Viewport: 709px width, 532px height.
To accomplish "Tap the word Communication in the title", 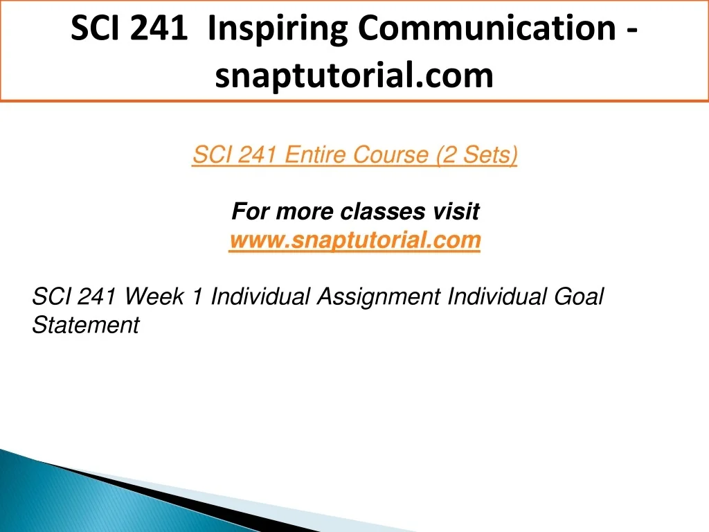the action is tap(487, 28).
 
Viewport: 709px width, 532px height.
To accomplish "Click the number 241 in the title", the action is tap(158, 28).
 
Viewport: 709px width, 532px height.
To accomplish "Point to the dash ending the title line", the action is tap(632, 31).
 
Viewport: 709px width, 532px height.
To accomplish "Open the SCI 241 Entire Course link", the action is tap(355, 155).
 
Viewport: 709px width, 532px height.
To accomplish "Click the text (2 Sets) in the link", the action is tap(476, 155).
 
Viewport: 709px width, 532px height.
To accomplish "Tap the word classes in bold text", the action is tap(382, 211).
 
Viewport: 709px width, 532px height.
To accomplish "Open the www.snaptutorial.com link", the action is tap(355, 240).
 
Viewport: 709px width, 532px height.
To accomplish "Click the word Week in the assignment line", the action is tap(154, 296).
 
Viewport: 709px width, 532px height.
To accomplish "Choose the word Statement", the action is tap(86, 325).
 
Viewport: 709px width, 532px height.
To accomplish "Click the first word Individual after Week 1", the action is tap(260, 296).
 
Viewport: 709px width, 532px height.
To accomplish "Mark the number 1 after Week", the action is tap(197, 296).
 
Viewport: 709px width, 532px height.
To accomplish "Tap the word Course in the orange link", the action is tap(391, 154).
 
